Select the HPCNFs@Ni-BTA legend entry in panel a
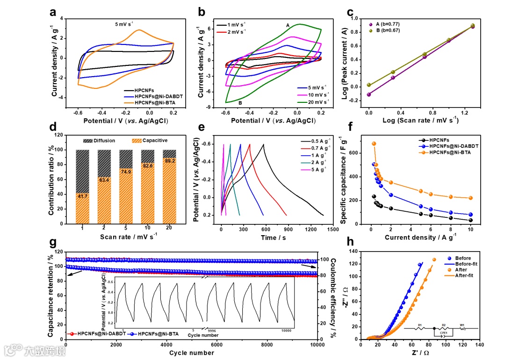click(x=154, y=102)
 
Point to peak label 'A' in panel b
click(x=288, y=25)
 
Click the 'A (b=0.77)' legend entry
click(x=386, y=24)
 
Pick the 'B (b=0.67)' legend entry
click(x=386, y=30)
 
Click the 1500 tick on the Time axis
click(x=332, y=230)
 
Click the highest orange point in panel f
click(x=374, y=144)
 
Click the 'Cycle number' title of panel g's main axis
click(x=191, y=353)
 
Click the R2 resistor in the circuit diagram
click(x=448, y=329)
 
